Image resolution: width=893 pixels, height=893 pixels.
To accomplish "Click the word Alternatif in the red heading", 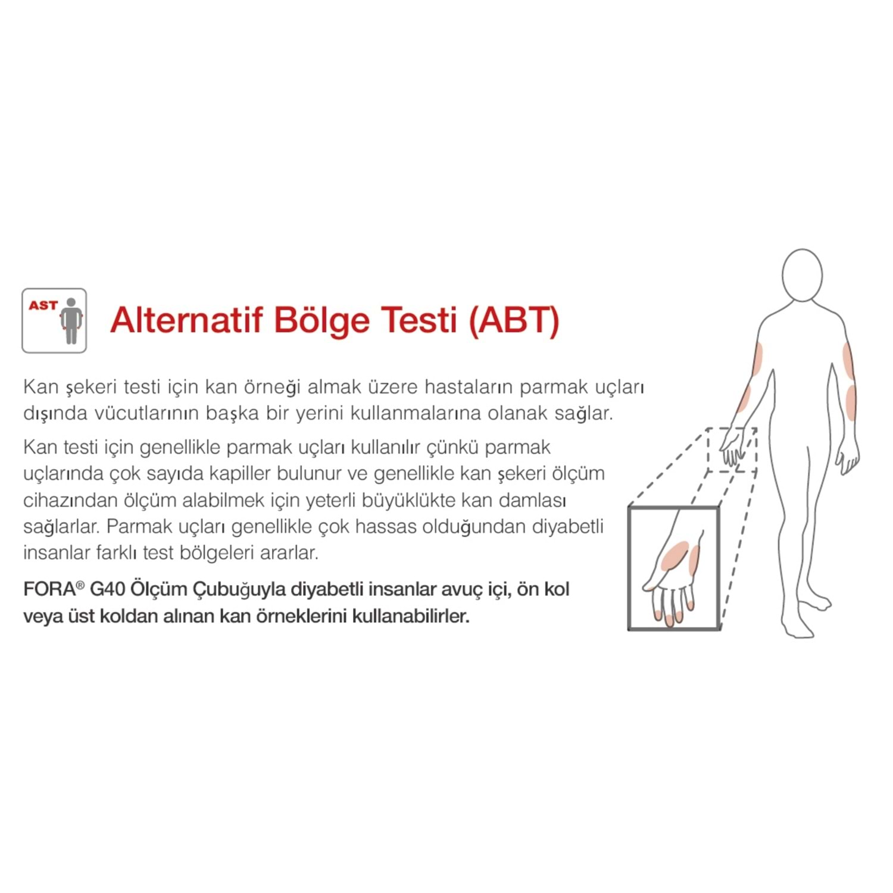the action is tap(186, 320).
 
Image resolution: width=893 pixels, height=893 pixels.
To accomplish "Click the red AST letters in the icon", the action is tap(43, 305).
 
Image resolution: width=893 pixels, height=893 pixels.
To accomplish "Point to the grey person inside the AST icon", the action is tap(71, 321).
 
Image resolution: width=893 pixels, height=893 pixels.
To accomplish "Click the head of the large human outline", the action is tap(802, 275).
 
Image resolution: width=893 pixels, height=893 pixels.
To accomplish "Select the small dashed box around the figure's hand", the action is tap(732, 450).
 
